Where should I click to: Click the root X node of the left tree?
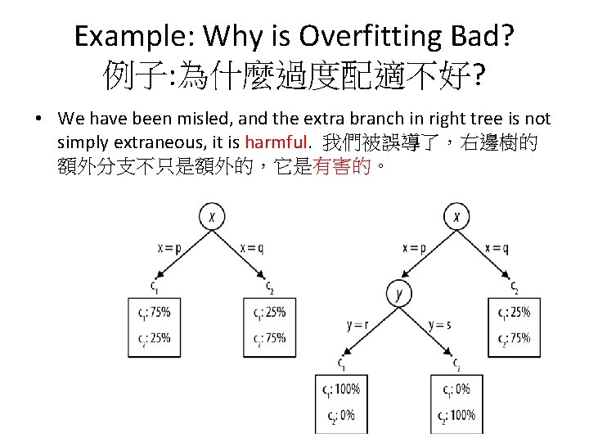212,217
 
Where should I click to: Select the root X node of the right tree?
456,217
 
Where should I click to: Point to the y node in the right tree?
398,292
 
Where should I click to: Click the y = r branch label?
358,325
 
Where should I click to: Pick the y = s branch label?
439,325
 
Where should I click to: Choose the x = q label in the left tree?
252,248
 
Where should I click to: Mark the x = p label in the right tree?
414,248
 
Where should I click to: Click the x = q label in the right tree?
496,248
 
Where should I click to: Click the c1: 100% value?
341,389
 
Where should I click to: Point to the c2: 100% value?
457,415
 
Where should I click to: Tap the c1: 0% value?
455,389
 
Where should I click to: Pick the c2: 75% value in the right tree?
515,337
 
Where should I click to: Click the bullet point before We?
39,120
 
